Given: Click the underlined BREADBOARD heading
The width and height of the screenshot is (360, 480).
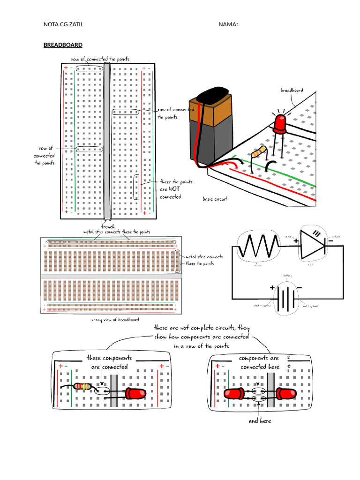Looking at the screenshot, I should pos(63,45).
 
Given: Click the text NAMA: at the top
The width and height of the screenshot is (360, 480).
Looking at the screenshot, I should pos(228,24).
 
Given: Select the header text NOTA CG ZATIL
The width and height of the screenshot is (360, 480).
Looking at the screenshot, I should pos(63,24).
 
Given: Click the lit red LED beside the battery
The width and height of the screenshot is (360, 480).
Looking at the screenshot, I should pos(280,123).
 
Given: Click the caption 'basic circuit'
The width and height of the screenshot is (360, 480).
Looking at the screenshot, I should pos(215,199).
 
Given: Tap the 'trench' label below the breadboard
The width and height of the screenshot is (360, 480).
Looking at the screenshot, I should pos(108,226).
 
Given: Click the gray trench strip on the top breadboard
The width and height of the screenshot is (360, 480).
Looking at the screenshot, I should pos(107,141).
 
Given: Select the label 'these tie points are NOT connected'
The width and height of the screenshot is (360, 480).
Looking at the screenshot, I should pos(175,189).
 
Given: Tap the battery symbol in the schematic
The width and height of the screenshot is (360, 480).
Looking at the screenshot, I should pos(285,297).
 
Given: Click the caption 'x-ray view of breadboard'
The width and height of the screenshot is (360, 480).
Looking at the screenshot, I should pos(115,320).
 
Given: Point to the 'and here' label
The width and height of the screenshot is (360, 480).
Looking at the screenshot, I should pos(260,421).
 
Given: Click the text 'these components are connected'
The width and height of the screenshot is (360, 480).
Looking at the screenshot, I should pos(109,362).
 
